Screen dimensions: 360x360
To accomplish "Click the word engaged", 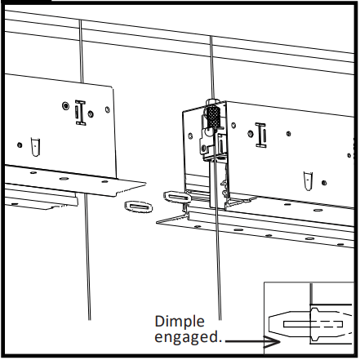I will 185,337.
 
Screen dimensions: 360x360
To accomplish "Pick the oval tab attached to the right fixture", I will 176,196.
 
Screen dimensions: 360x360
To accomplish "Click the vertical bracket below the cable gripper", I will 215,184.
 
